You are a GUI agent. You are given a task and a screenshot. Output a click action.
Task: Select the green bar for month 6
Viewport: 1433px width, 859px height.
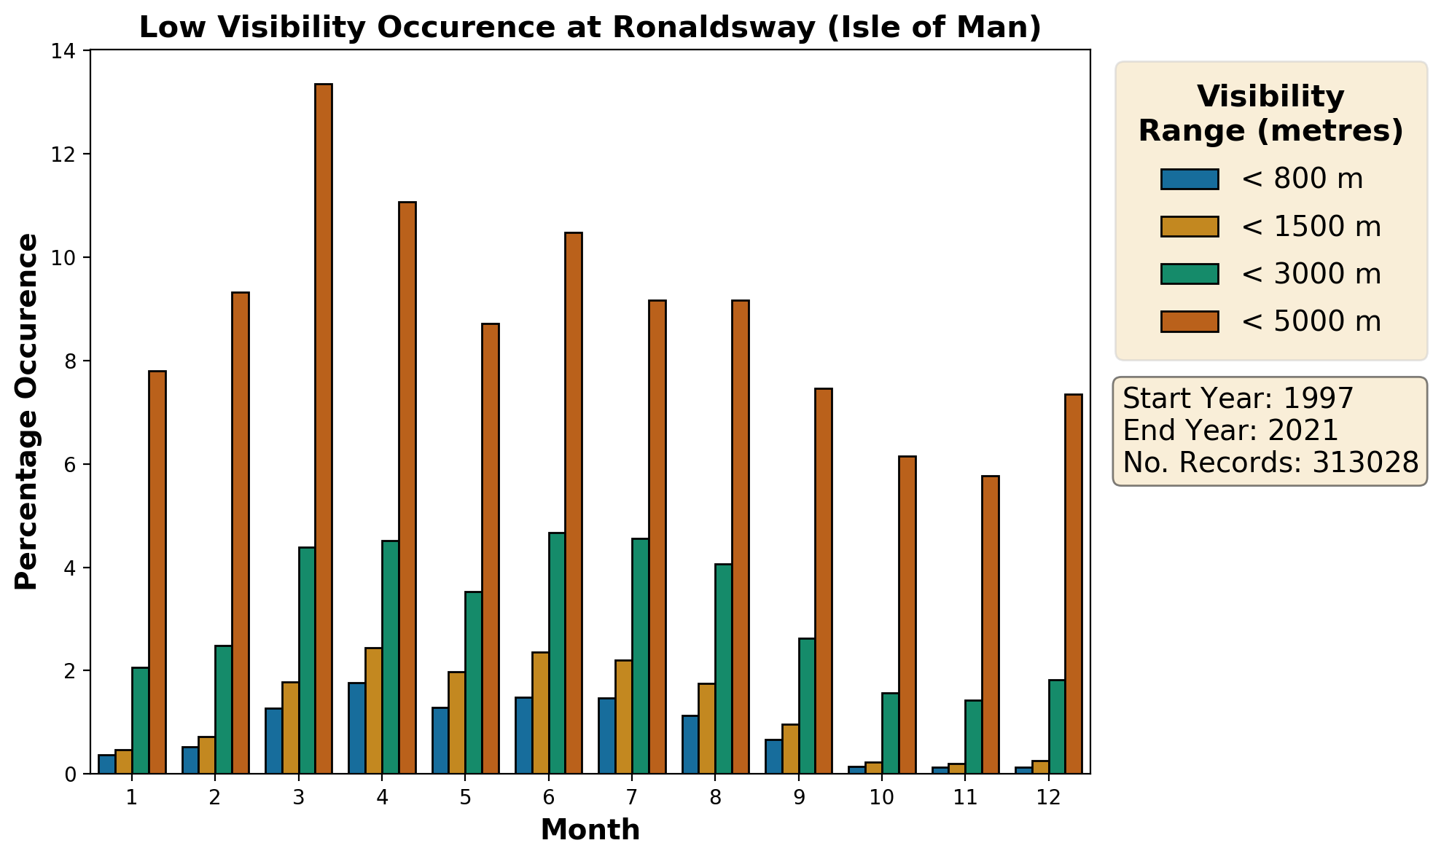[557, 653]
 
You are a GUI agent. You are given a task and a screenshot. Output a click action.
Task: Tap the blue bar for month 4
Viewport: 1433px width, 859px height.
[356, 728]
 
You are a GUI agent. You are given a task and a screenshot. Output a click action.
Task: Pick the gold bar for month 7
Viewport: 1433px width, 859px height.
[624, 717]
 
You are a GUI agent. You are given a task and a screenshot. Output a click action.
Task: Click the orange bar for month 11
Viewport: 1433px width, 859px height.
[991, 624]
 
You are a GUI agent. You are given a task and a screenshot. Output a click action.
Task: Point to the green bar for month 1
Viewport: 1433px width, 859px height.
[140, 721]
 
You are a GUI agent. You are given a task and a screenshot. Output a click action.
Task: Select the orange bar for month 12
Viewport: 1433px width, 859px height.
[1074, 584]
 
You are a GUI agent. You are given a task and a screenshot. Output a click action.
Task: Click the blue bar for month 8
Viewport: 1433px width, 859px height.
[690, 745]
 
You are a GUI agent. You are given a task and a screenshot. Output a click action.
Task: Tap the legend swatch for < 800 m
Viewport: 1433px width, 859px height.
[1190, 179]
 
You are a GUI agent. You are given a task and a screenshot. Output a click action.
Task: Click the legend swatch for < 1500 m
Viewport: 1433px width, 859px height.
[1190, 227]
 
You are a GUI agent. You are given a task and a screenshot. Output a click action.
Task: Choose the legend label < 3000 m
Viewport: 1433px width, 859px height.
[1311, 274]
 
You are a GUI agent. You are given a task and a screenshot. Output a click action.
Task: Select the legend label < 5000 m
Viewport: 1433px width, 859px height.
[1311, 321]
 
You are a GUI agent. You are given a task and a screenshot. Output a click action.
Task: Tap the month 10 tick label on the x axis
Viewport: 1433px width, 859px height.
[881, 798]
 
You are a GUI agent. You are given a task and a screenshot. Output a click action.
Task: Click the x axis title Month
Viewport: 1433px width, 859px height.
[590, 830]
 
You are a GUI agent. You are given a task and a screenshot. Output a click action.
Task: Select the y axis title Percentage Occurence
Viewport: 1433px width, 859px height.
[27, 412]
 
